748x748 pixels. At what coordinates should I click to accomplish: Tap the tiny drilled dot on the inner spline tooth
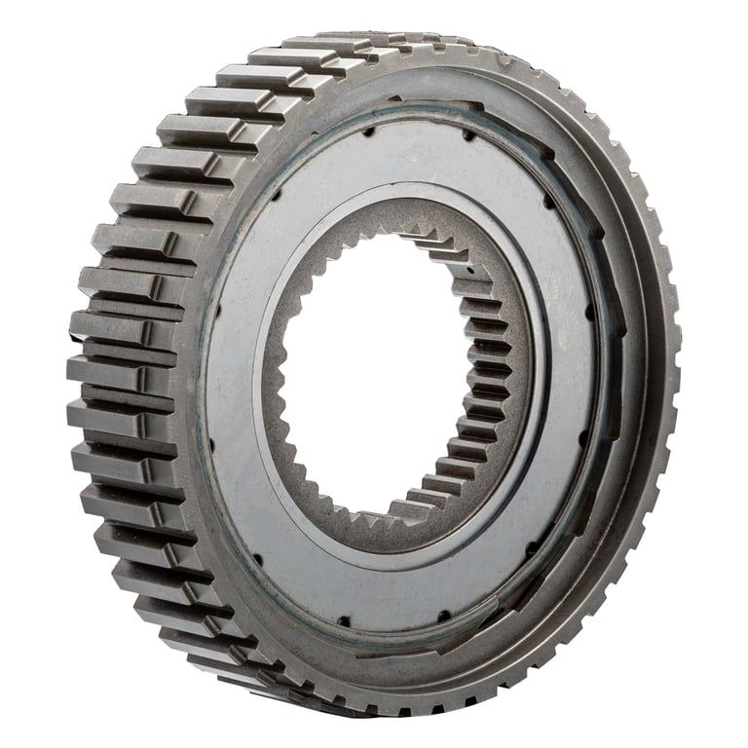point(468,263)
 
